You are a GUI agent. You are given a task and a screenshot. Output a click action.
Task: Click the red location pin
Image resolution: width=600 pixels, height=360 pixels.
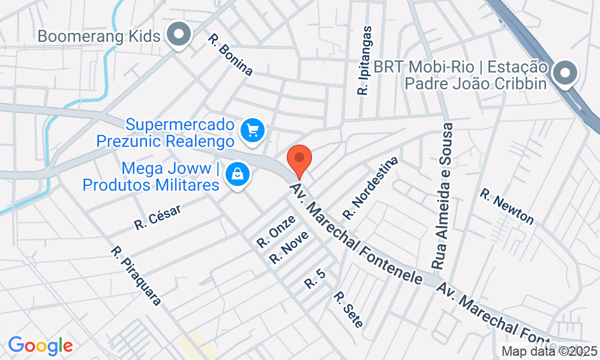(299, 160)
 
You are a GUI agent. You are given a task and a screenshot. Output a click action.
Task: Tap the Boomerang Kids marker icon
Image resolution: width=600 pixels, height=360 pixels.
(178, 35)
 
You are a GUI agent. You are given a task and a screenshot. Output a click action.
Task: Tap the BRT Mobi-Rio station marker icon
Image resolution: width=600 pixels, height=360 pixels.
(565, 74)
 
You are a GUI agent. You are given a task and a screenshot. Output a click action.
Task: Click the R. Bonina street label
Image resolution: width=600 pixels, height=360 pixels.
(230, 55)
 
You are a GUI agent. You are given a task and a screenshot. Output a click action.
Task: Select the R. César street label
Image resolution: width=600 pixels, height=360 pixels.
(158, 216)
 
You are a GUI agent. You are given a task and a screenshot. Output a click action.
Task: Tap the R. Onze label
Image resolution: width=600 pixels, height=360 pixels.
(276, 231)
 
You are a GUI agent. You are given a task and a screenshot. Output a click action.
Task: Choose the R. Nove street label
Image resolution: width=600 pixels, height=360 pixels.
(289, 247)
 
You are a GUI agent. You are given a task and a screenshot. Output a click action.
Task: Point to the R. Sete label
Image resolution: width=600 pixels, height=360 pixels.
(348, 310)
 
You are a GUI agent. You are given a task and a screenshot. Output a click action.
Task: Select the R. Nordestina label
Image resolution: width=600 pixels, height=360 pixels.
(370, 188)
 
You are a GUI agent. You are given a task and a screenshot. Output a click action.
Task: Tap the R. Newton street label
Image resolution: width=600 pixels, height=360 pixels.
(506, 206)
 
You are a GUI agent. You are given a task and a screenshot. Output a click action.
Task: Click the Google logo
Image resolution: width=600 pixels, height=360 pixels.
(40, 346)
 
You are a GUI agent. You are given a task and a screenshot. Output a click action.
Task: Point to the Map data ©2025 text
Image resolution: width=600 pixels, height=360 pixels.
(550, 351)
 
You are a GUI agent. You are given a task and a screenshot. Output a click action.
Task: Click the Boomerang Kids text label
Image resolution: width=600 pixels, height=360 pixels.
(99, 36)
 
